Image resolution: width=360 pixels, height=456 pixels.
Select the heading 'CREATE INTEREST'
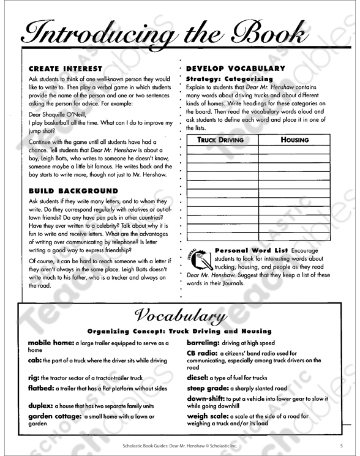pos(66,69)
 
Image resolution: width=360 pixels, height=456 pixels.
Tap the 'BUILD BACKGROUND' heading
pos(73,191)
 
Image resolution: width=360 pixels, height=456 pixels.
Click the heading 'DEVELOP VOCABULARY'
pos(235,69)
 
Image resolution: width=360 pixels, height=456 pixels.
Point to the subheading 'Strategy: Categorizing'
pos(229,79)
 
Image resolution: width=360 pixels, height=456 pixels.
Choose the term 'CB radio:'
pos(205,353)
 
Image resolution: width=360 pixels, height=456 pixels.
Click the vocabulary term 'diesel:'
pos(200,378)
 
